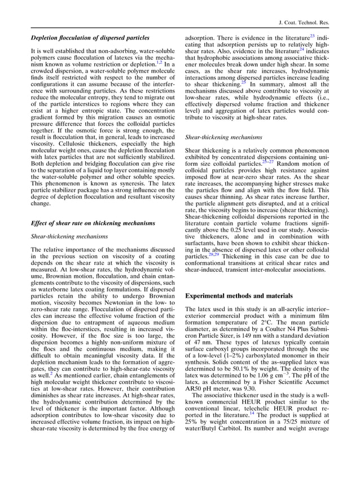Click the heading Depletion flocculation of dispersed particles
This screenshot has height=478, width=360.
[x=90, y=38]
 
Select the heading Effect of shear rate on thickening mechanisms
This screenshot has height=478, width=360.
[x=93, y=223]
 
